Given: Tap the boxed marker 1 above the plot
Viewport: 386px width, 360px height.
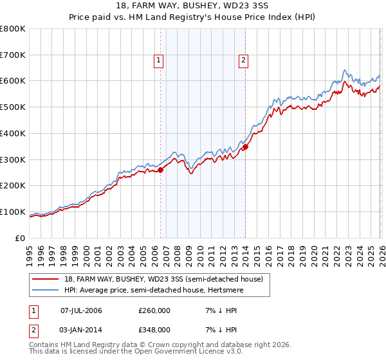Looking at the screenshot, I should (x=158, y=61).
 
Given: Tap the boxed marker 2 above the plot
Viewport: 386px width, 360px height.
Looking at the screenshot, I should (x=244, y=61).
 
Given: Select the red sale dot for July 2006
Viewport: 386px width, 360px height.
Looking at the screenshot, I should (x=161, y=170).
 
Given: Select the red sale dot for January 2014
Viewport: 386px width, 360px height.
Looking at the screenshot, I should (x=245, y=147).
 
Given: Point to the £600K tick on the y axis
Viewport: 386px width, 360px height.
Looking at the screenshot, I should (x=14, y=81).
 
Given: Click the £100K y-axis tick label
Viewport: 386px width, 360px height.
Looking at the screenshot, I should (x=14, y=212).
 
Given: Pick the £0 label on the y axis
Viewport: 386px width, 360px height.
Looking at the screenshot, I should (x=21, y=238).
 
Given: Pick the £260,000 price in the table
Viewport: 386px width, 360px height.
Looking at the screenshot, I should (x=154, y=310).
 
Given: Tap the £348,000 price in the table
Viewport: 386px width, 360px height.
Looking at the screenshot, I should (x=154, y=329).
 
